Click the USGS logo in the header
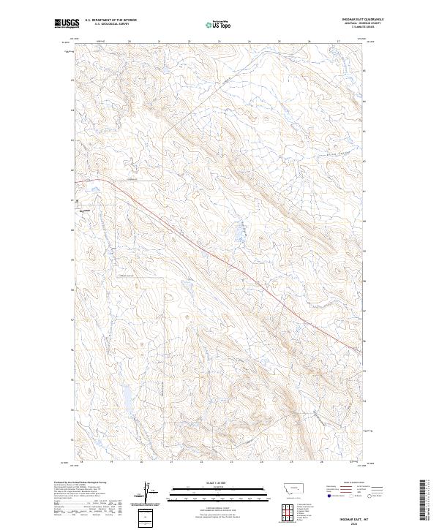[67, 23]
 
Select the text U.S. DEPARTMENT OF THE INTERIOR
[110, 20]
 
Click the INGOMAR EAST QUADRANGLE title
[363, 20]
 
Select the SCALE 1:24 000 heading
[219, 482]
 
